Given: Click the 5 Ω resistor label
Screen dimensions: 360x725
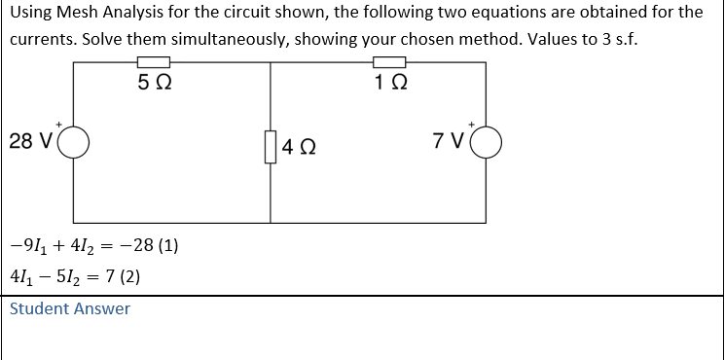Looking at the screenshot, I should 156,83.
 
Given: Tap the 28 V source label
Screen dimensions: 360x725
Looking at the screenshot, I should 31,142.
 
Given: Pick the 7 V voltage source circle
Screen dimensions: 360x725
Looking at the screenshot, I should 487,142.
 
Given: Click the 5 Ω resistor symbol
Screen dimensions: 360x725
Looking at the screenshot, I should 156,62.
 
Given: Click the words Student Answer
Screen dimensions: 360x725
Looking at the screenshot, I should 69,308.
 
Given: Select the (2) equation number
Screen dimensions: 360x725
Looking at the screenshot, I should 130,276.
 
